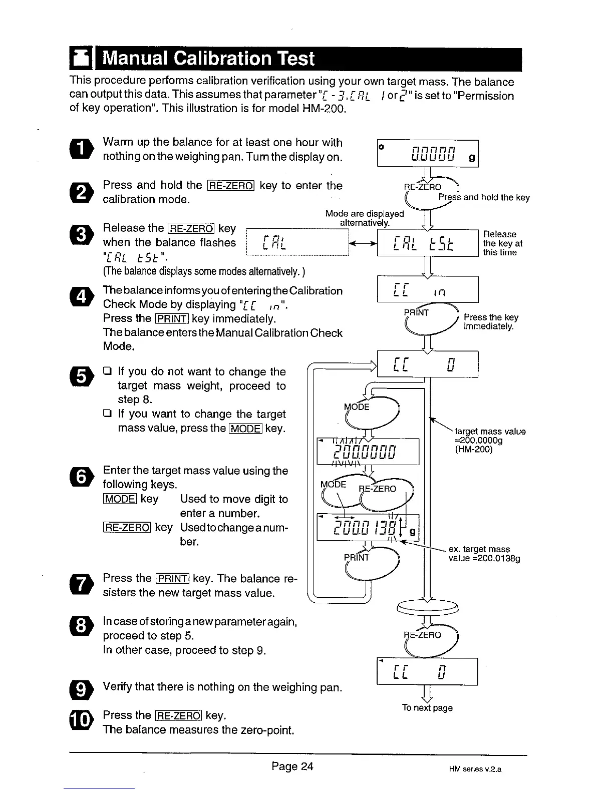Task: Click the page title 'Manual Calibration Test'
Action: [x=208, y=59]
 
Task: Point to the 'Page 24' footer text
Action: [x=292, y=766]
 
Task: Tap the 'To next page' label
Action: [x=427, y=707]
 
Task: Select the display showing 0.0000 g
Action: [x=428, y=153]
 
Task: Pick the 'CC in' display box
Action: [x=428, y=290]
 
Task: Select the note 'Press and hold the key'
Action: [x=484, y=197]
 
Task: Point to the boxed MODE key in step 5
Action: [x=245, y=429]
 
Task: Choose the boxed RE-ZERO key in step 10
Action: [x=178, y=715]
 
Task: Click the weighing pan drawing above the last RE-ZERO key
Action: [x=428, y=606]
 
